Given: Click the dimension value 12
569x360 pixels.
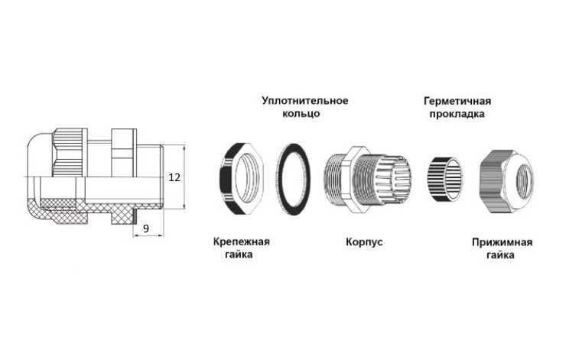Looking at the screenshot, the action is [x=174, y=177].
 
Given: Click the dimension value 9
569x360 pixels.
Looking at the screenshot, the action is [x=146, y=229].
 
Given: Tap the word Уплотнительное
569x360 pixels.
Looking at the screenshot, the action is [x=305, y=100].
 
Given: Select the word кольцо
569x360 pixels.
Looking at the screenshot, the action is [x=301, y=113].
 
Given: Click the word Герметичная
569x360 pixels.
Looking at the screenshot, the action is [x=457, y=101].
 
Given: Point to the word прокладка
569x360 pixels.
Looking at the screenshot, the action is [x=457, y=114].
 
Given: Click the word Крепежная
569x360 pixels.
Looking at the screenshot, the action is [x=242, y=242].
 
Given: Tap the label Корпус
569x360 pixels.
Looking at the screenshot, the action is [x=364, y=242].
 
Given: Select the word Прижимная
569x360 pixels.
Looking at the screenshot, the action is [x=502, y=242].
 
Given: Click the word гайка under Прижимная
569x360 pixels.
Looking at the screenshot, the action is [x=500, y=255].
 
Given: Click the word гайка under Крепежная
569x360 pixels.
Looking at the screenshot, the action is [x=239, y=255].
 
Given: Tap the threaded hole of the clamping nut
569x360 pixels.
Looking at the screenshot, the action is [x=525, y=181].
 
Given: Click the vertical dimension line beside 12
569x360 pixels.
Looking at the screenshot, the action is [x=184, y=177].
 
